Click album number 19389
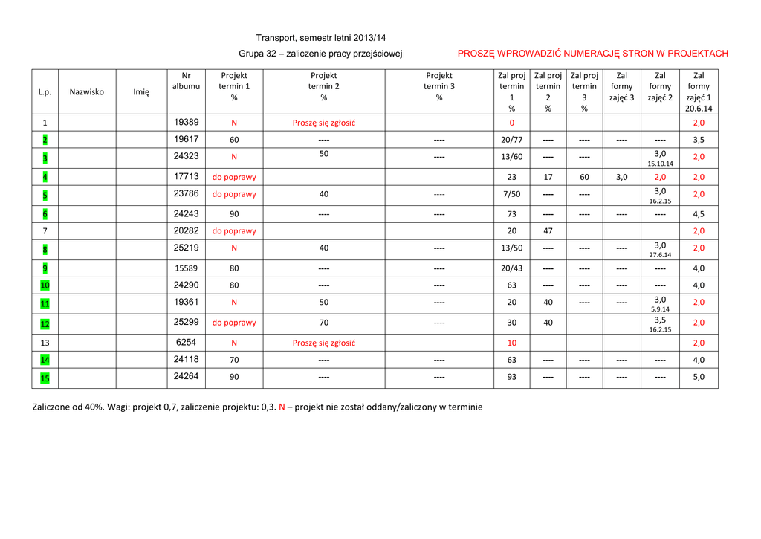(x=186, y=122)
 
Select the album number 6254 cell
(x=186, y=343)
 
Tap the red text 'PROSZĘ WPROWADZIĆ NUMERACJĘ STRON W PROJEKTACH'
(x=592, y=54)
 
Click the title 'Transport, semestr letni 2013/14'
(x=321, y=38)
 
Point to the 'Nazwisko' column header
(x=87, y=92)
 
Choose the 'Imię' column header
(x=141, y=92)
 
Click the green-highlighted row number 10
(x=45, y=285)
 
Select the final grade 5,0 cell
(x=699, y=377)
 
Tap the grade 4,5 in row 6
(x=699, y=214)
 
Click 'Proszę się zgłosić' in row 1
(x=323, y=123)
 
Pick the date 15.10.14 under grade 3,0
(x=660, y=164)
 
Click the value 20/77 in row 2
(x=511, y=139)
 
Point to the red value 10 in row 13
(x=511, y=343)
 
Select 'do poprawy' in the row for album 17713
(x=234, y=178)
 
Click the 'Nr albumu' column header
(x=186, y=81)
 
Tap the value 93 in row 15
(x=511, y=377)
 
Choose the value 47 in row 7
(x=548, y=231)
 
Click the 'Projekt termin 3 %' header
(x=439, y=86)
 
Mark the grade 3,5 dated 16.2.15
(x=660, y=320)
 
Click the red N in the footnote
(x=282, y=407)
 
